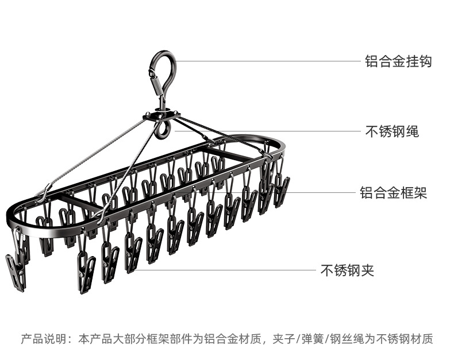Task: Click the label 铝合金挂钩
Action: click(398, 61)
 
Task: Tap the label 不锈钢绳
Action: click(392, 131)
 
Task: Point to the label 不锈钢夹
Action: click(347, 270)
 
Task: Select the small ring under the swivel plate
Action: click(163, 130)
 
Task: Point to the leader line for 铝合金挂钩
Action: click(264, 61)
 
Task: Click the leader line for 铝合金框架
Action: click(322, 192)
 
